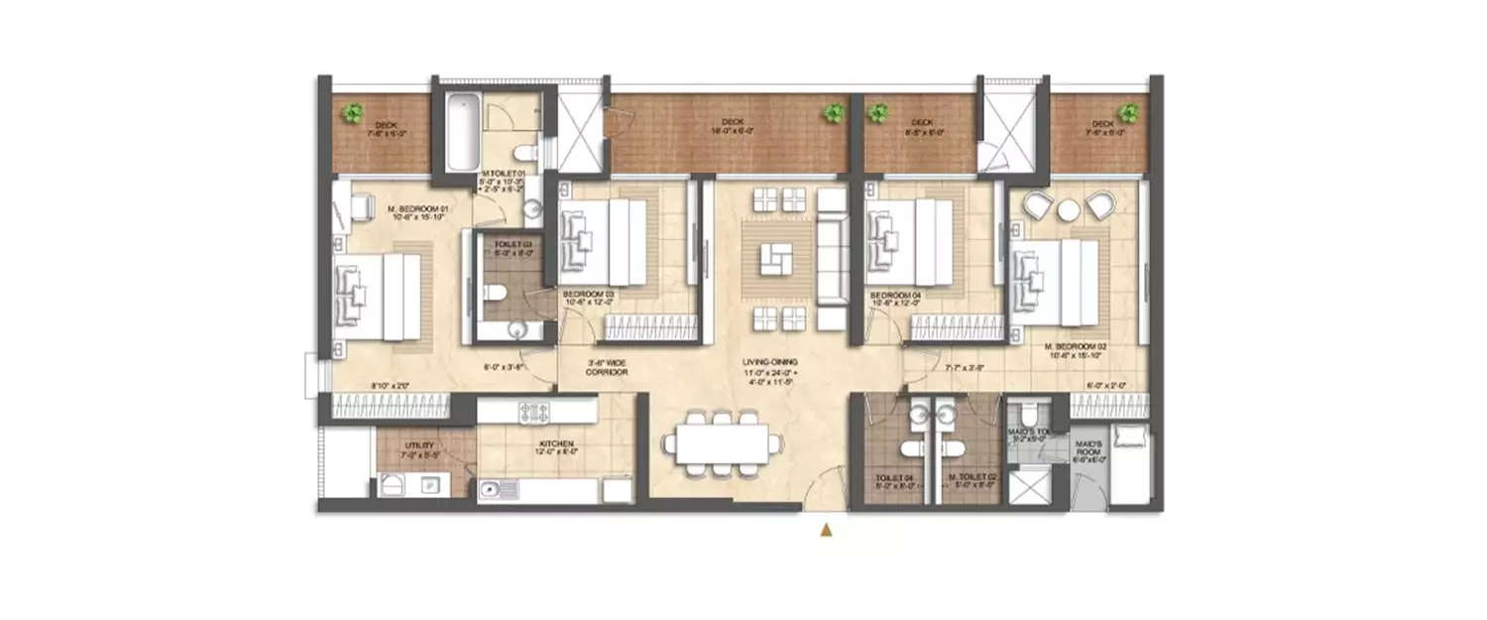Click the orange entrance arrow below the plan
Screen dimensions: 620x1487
825,531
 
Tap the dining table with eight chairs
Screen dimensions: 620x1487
721,441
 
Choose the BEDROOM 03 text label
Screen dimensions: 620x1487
589,295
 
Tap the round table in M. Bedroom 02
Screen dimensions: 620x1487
1069,210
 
